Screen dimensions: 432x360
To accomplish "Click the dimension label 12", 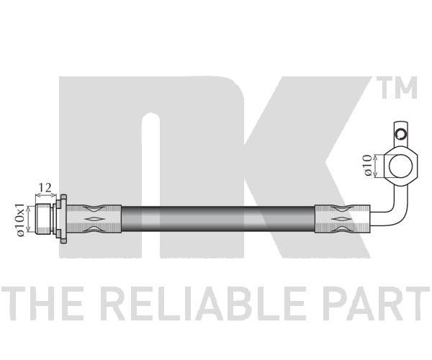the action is point(45,188).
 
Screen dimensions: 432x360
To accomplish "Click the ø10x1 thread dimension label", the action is point(21,220).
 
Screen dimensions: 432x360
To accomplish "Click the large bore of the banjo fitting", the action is point(401,166).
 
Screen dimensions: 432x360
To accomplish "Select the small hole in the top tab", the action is point(400,134).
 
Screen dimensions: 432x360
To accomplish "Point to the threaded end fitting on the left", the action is point(43,219).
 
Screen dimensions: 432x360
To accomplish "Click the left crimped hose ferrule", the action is point(94,219).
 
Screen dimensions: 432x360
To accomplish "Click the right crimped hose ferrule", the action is point(342,219).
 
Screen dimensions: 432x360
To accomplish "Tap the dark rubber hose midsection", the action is point(218,219).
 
